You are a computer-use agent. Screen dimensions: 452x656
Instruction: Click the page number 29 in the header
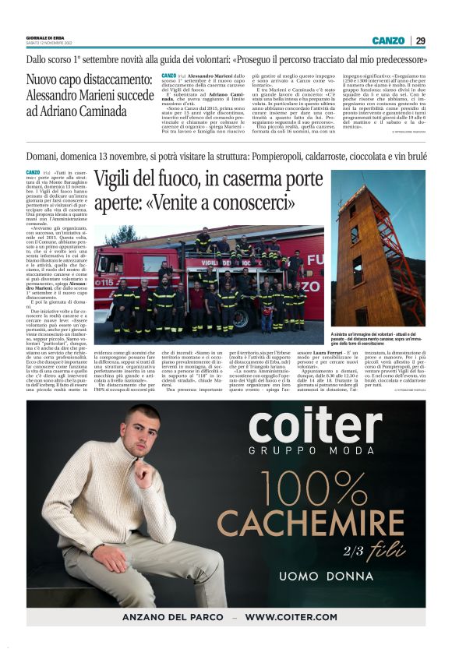420,41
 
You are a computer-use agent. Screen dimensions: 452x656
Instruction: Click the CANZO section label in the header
388,41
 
